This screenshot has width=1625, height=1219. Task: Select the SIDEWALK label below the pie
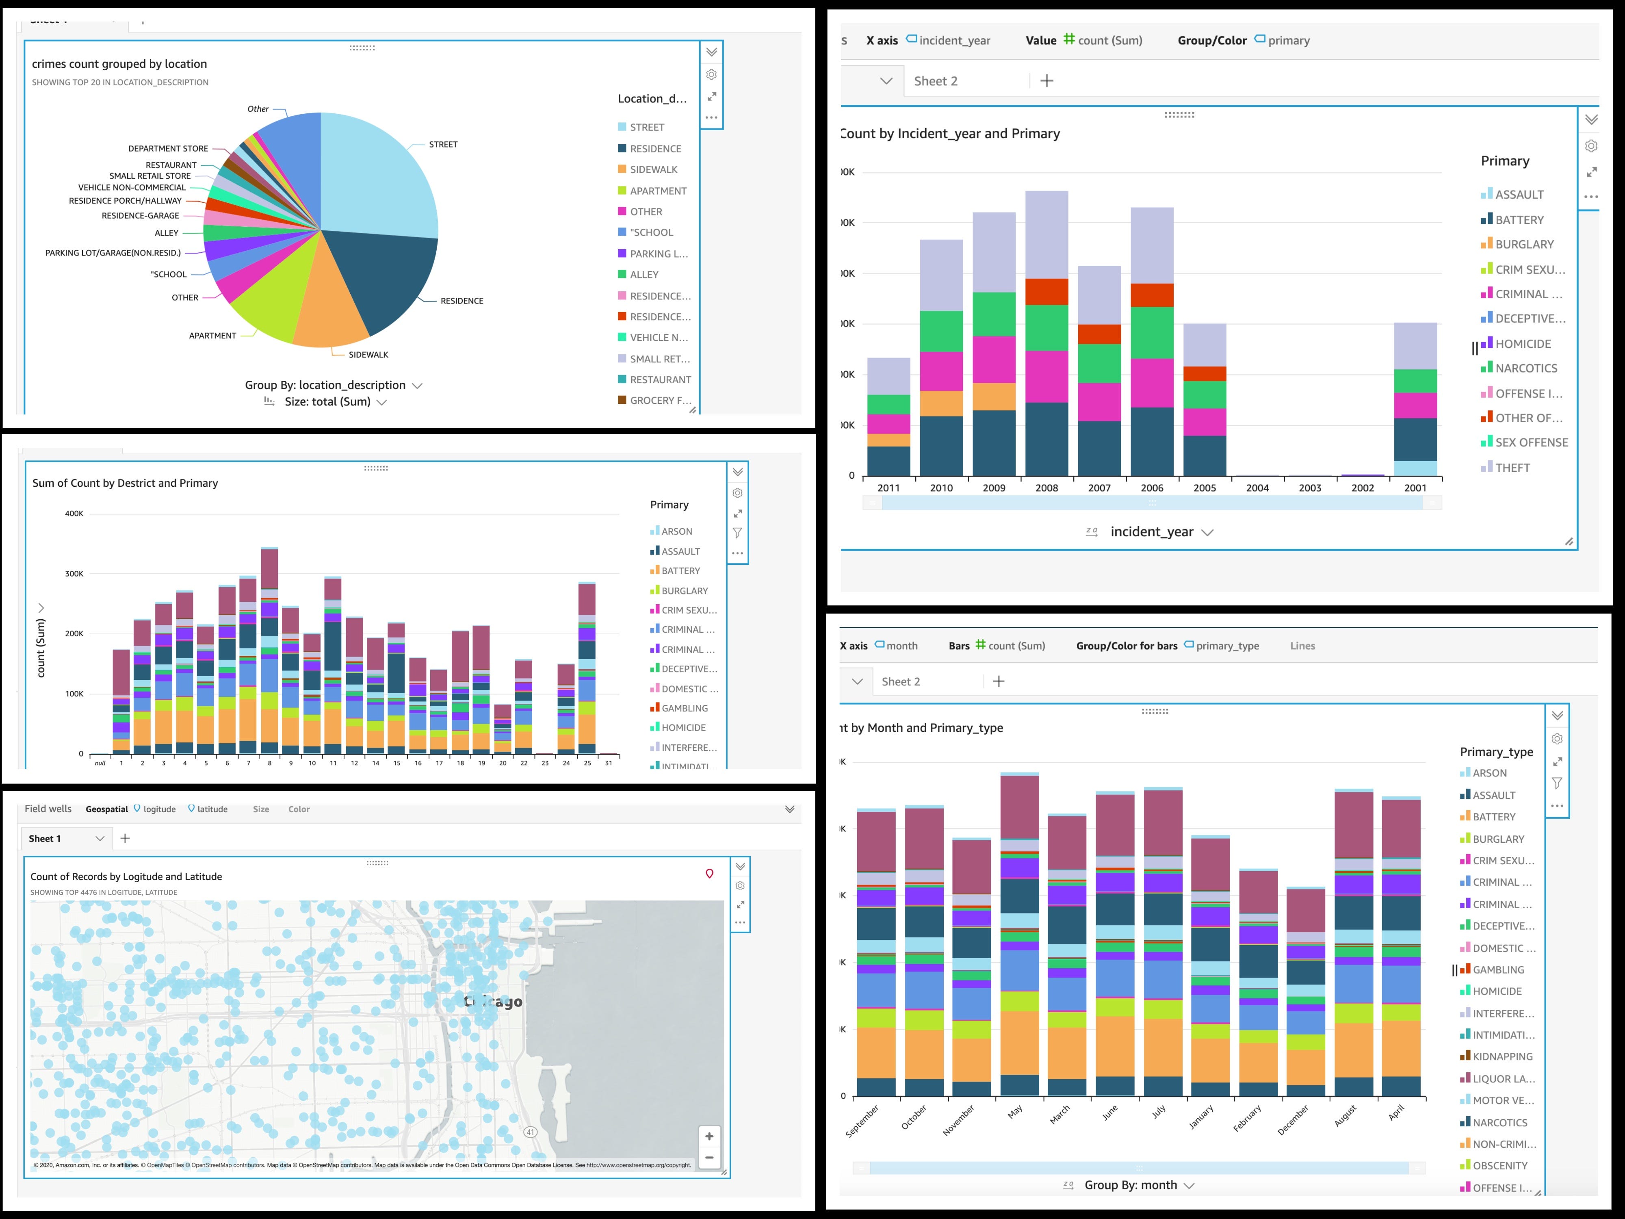coord(368,355)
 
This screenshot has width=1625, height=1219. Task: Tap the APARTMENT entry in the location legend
coord(657,191)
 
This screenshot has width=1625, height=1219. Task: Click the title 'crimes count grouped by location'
coord(119,64)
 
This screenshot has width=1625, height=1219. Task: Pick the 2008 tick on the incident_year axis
coord(1046,488)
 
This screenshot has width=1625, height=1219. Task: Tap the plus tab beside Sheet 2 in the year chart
coord(1047,81)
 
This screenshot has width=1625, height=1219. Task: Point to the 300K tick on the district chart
coord(74,574)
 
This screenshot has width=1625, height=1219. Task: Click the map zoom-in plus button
coord(709,1137)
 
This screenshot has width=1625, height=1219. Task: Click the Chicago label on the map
coord(494,1002)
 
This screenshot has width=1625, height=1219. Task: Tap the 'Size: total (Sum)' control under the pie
coord(328,402)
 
